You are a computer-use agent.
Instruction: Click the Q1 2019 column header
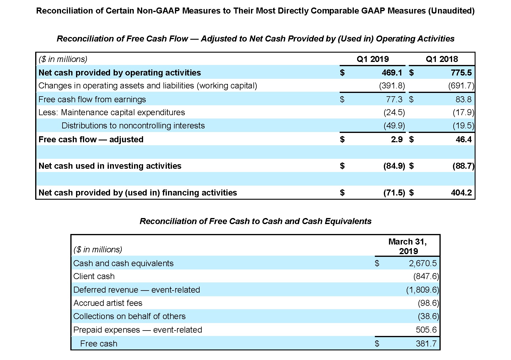click(372, 59)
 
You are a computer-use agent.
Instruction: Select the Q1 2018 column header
click(442, 59)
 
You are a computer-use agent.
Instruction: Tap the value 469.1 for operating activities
click(392, 72)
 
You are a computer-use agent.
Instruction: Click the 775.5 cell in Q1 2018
click(461, 72)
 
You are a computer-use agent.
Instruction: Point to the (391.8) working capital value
click(392, 86)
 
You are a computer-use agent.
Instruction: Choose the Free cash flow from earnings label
click(92, 100)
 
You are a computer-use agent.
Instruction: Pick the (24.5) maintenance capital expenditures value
click(394, 112)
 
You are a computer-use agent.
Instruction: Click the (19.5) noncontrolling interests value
click(463, 126)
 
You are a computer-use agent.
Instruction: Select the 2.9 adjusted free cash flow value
click(397, 139)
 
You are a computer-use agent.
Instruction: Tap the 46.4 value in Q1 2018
click(464, 139)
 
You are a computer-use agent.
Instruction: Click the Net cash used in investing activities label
click(110, 166)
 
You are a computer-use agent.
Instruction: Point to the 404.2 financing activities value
click(461, 193)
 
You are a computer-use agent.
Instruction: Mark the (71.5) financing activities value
click(394, 193)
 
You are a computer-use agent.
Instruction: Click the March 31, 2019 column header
click(408, 246)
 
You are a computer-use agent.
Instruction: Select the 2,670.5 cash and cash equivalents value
click(423, 263)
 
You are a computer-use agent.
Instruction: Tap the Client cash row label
click(94, 276)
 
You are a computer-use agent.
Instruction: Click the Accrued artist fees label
click(108, 303)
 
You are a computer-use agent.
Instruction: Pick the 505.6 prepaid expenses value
click(426, 330)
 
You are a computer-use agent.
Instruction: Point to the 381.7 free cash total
click(426, 343)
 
